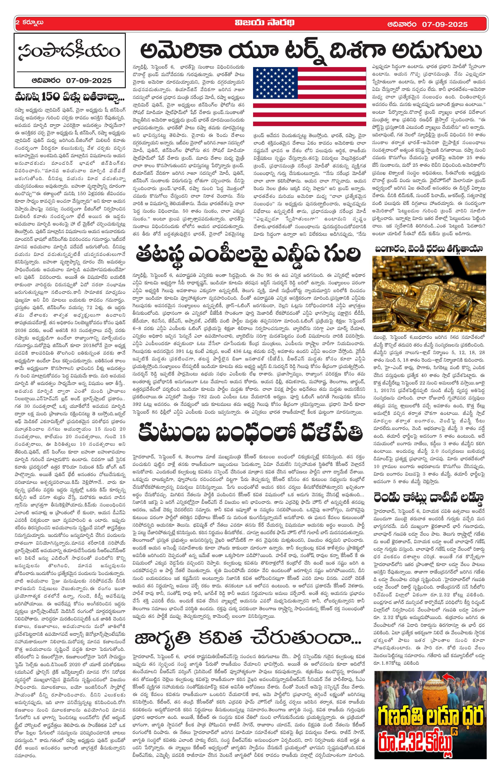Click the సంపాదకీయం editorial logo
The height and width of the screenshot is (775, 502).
pyautogui.click(x=69, y=52)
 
